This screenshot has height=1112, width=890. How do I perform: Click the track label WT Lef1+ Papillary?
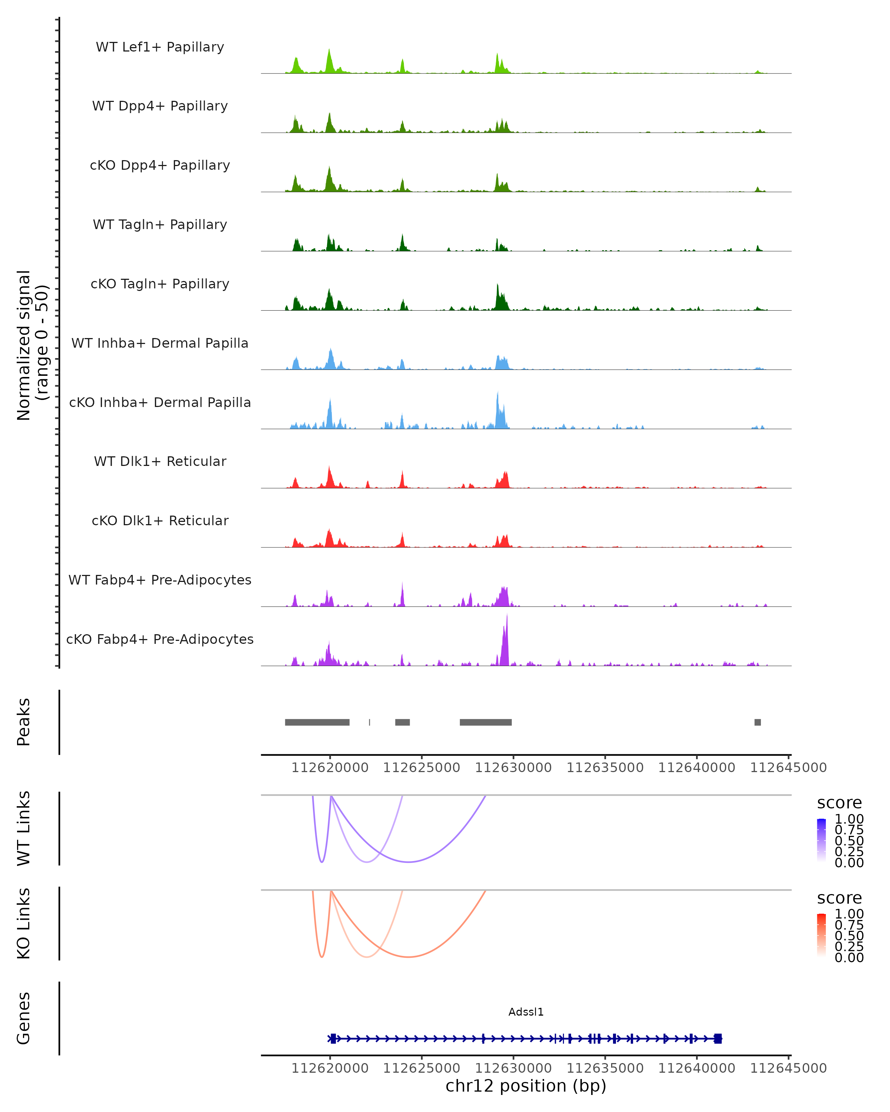160,47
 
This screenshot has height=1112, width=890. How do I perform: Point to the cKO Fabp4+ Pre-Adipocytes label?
160,639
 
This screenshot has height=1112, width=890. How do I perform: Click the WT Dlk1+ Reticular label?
160,461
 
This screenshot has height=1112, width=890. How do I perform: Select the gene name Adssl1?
526,1012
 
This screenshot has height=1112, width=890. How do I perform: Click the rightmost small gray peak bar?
757,722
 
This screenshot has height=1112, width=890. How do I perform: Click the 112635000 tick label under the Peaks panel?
605,768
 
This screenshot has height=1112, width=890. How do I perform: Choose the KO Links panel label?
24,923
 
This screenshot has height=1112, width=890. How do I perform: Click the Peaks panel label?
24,722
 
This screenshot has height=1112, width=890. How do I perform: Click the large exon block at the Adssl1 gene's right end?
718,1039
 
